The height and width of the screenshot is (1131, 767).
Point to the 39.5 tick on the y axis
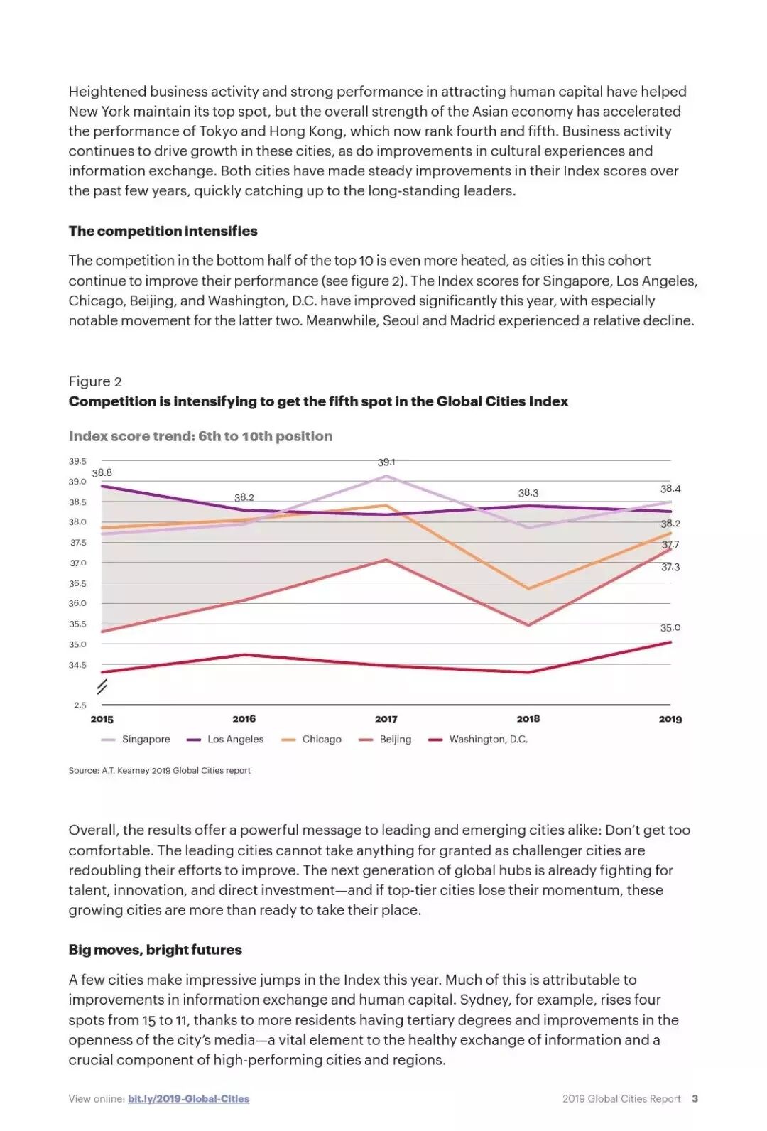point(77,461)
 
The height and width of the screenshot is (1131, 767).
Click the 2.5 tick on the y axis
point(80,705)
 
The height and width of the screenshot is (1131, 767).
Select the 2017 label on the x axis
point(386,719)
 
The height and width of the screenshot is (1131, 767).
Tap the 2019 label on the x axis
point(670,719)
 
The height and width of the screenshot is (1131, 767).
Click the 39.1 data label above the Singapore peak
point(386,462)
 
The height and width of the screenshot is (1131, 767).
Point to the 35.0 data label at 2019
point(670,627)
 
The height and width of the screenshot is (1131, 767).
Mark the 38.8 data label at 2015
point(102,472)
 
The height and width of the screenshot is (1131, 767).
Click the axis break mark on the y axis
point(102,686)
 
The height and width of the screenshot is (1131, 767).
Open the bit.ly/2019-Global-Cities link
point(188,1098)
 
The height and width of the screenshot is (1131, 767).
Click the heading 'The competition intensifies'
point(163,231)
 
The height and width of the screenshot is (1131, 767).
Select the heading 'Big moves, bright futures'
point(155,950)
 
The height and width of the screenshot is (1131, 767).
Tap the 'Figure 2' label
point(95,381)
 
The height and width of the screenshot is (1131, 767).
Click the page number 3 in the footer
point(695,1098)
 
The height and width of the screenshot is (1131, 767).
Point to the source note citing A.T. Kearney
point(159,770)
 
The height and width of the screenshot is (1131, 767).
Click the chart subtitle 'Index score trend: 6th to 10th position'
point(200,436)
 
